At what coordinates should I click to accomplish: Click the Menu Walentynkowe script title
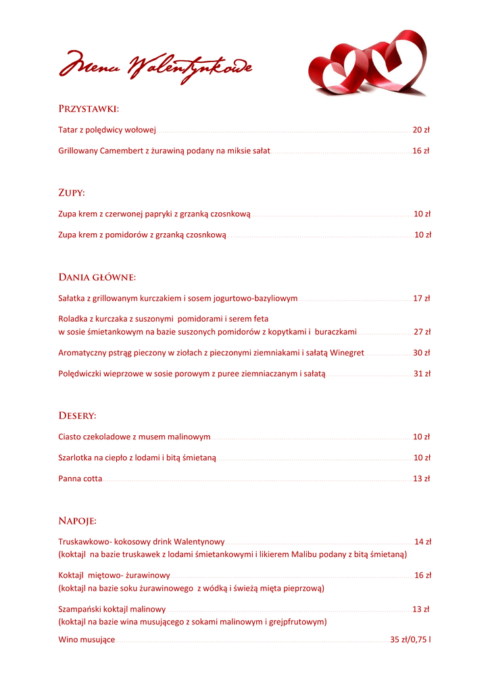tap(155, 68)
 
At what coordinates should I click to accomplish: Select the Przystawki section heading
tap(89, 108)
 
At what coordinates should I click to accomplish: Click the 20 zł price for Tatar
tap(422, 130)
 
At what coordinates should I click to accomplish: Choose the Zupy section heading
tap(72, 193)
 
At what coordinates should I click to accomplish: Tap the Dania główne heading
tap(97, 277)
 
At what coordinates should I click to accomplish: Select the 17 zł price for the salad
tap(422, 298)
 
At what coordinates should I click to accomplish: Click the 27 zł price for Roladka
tap(422, 332)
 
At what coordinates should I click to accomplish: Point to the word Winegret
tap(347, 353)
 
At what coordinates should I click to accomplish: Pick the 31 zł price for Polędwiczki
tap(422, 374)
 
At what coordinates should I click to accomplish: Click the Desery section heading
tap(77, 416)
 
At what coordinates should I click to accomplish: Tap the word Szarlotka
tap(75, 458)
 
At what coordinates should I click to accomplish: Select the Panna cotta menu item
tap(80, 478)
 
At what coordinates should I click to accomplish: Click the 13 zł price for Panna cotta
tap(422, 478)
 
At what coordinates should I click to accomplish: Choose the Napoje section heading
tap(77, 521)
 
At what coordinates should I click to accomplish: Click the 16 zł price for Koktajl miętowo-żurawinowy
tap(423, 575)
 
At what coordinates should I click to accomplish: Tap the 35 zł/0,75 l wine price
tap(411, 639)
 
